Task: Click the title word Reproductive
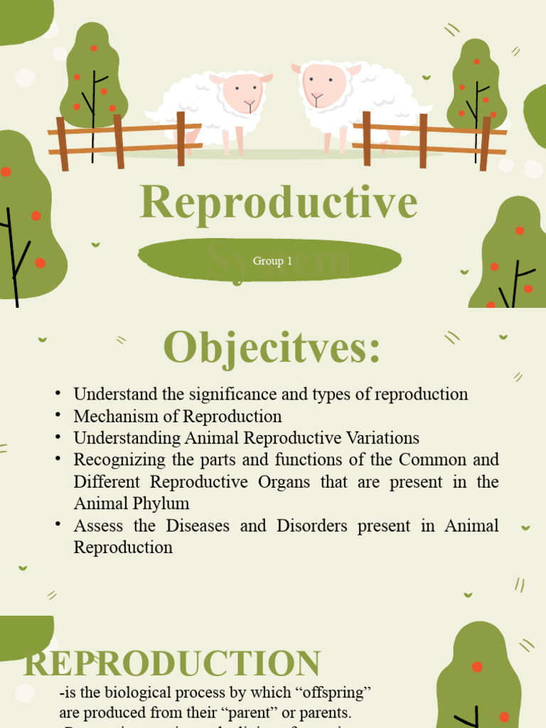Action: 278,202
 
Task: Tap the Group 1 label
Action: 272,261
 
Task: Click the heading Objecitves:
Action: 272,348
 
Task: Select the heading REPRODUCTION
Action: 172,663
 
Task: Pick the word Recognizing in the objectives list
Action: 119,459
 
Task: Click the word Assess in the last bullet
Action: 98,525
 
